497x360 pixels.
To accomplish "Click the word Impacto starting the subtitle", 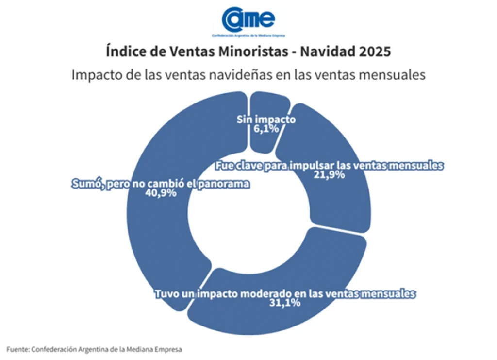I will [x=96, y=75].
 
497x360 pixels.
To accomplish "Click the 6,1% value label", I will [x=266, y=129].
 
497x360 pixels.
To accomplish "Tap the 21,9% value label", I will [x=329, y=175].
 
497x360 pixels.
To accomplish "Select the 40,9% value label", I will [x=160, y=193].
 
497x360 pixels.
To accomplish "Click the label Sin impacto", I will [x=266, y=120].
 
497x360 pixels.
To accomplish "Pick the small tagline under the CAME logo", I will [x=248, y=35].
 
